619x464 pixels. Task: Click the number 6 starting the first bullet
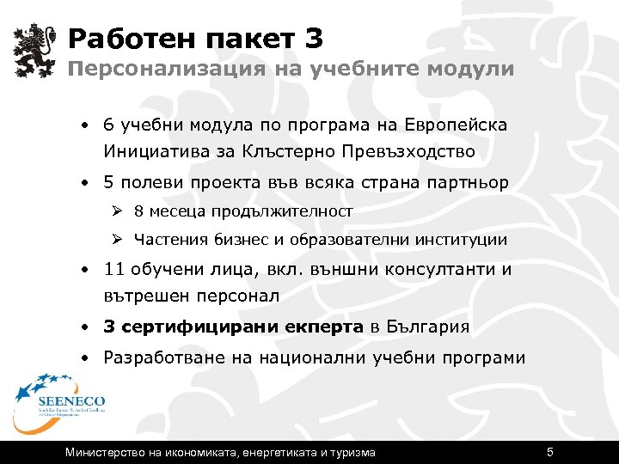107,125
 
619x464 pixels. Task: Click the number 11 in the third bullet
114,270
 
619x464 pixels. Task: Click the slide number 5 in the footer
549,452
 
